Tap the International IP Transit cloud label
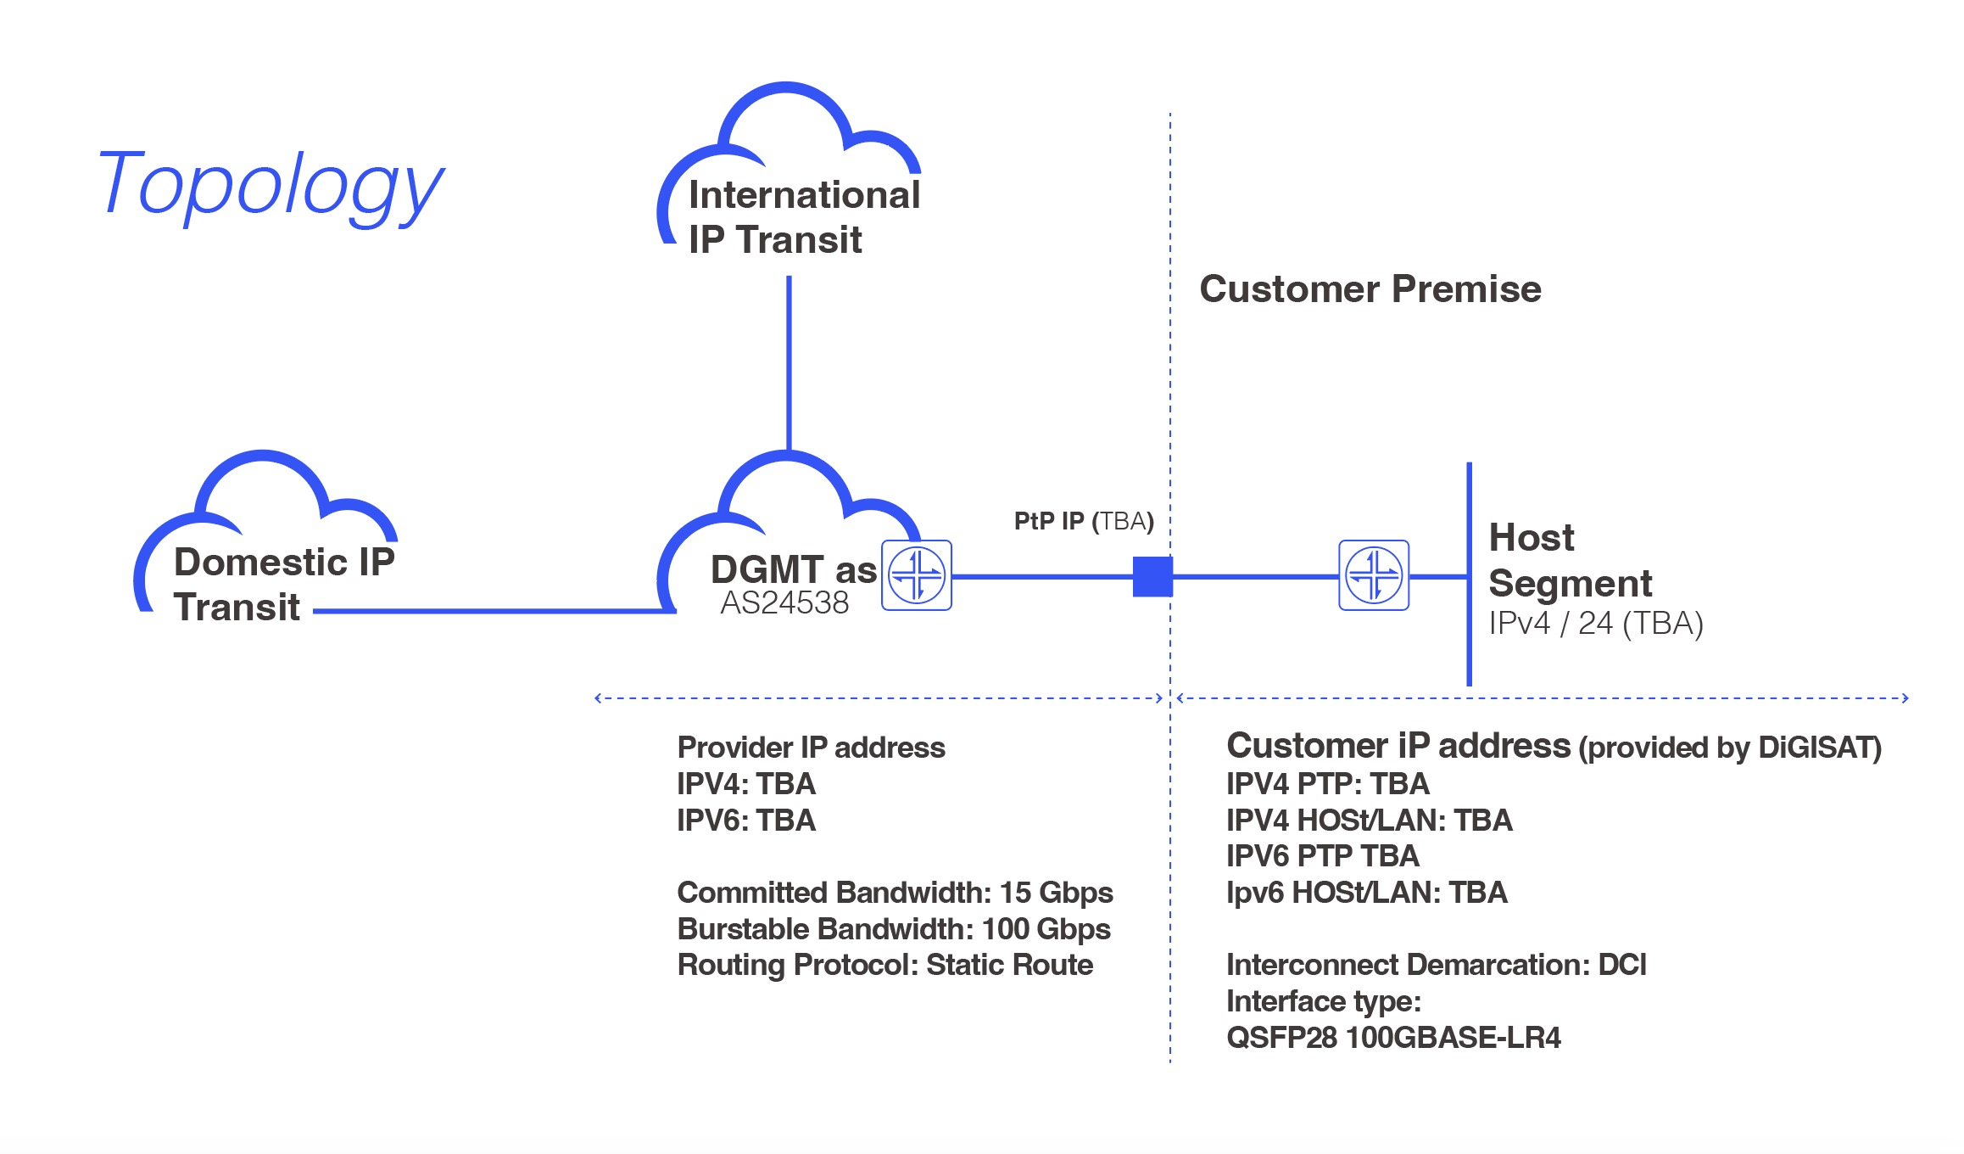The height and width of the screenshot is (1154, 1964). click(x=803, y=217)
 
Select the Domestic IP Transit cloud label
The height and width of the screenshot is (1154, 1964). click(x=283, y=584)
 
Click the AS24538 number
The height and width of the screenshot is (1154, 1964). click(x=784, y=602)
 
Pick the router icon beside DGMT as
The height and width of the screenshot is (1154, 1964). click(x=917, y=575)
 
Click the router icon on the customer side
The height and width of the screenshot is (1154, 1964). click(x=1374, y=575)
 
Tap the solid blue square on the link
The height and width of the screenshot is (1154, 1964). click(x=1152, y=576)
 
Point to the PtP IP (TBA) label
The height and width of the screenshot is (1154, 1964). click(x=1084, y=521)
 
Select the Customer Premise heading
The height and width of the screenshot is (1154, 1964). click(x=1370, y=289)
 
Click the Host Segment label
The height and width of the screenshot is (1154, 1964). click(x=1570, y=560)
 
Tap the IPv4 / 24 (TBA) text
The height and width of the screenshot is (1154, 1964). click(x=1596, y=624)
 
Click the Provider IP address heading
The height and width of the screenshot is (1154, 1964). click(x=811, y=748)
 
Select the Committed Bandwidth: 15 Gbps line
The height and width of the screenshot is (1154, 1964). click(x=895, y=893)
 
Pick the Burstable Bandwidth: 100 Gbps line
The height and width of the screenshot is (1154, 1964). click(x=894, y=929)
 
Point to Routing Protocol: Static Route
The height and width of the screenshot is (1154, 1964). click(x=885, y=966)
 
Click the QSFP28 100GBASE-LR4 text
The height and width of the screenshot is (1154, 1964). click(x=1393, y=1038)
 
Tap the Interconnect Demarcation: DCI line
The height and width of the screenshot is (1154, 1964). click(x=1437, y=965)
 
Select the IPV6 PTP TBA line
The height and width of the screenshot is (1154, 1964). click(x=1323, y=856)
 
